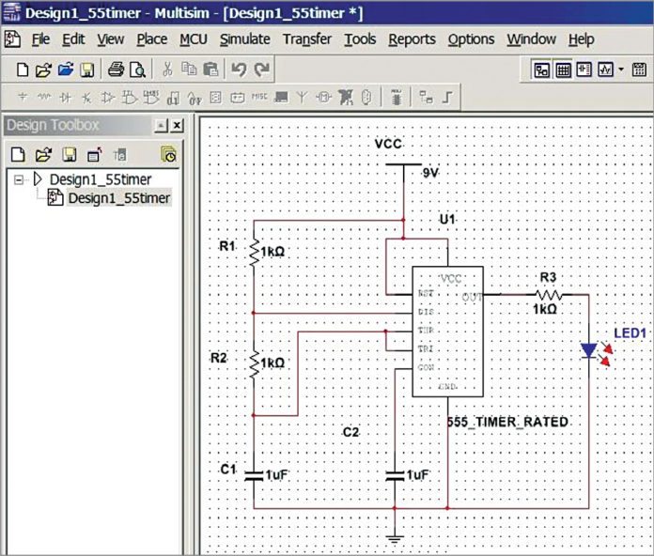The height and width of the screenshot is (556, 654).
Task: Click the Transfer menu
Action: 307,39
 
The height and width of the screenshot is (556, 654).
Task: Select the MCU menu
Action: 193,39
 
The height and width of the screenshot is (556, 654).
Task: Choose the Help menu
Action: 581,39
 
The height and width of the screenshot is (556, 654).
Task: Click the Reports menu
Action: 412,39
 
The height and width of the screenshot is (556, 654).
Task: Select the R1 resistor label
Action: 227,246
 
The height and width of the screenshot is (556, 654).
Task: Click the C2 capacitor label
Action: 350,432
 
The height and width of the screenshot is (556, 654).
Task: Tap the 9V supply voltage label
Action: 430,173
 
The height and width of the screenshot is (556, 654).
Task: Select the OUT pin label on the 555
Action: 472,297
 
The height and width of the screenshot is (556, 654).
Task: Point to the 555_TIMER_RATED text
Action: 508,423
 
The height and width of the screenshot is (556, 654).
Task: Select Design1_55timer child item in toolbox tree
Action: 118,198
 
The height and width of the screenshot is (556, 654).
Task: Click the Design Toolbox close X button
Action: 177,126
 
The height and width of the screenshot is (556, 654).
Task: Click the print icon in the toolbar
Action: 116,69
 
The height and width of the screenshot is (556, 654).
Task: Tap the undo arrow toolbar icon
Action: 239,69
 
